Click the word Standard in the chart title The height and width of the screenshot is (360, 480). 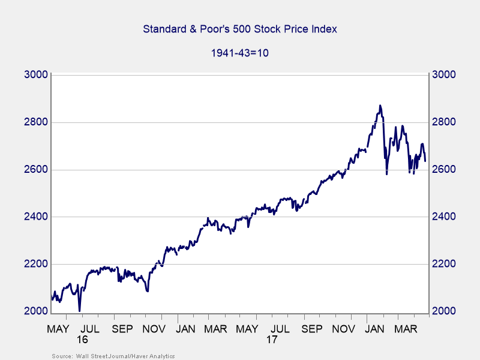pyautogui.click(x=164, y=29)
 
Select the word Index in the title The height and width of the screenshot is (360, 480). pyautogui.click(x=324, y=29)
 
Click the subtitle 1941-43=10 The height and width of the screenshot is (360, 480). pyautogui.click(x=239, y=52)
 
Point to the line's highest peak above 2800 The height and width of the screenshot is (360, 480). pyautogui.click(x=380, y=106)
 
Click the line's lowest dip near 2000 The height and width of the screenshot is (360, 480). pyautogui.click(x=80, y=310)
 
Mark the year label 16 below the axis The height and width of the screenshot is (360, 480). pyautogui.click(x=83, y=340)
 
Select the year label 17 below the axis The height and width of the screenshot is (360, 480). pyautogui.click(x=272, y=340)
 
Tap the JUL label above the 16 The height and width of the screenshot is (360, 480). pyautogui.click(x=89, y=329)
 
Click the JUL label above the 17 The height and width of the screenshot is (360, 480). pyautogui.click(x=279, y=329)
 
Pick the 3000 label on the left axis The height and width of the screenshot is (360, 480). pyautogui.click(x=34, y=75)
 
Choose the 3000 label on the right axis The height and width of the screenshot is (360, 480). pyautogui.click(x=445, y=75)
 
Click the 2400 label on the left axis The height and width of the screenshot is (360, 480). pyautogui.click(x=34, y=217)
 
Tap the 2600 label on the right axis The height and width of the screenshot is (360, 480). pyautogui.click(x=445, y=169)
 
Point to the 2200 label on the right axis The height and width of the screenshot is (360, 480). pyautogui.click(x=445, y=264)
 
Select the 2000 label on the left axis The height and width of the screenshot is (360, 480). pyautogui.click(x=34, y=311)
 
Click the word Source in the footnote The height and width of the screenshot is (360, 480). pyautogui.click(x=61, y=356)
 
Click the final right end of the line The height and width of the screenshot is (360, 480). pyautogui.click(x=425, y=161)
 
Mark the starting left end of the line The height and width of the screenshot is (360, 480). pyautogui.click(x=52, y=298)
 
